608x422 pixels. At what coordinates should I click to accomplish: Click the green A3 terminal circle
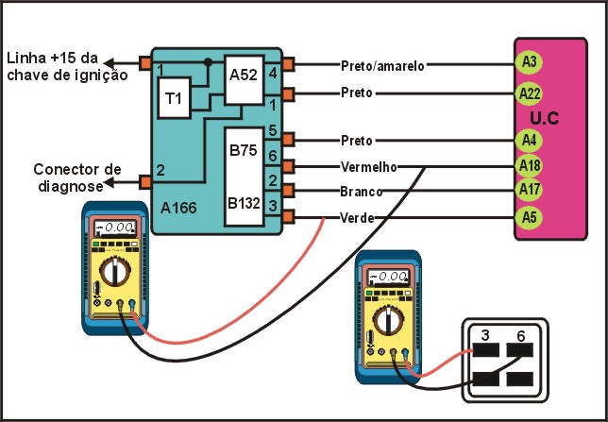530,62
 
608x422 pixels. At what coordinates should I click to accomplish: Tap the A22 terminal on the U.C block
530,93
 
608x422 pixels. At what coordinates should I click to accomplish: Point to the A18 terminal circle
530,166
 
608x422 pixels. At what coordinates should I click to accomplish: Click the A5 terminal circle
530,218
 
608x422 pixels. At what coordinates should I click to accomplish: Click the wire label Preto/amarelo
382,65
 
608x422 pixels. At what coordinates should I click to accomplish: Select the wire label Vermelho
367,166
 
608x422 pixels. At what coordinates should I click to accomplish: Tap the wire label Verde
357,218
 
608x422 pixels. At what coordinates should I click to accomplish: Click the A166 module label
178,204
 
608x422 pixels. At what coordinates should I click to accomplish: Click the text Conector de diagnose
77,177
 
